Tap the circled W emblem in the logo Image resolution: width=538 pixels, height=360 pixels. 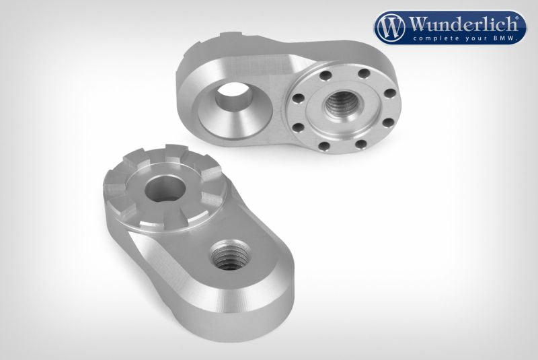pyautogui.click(x=391, y=28)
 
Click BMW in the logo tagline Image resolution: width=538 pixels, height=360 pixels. pyautogui.click(x=505, y=38)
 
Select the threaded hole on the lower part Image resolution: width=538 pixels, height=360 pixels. pyautogui.click(x=228, y=256)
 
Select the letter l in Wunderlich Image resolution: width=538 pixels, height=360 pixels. pyautogui.click(x=489, y=24)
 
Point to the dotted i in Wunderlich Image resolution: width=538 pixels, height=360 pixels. pyautogui.click(x=495, y=24)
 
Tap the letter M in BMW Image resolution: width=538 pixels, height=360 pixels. pyautogui.click(x=505, y=38)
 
